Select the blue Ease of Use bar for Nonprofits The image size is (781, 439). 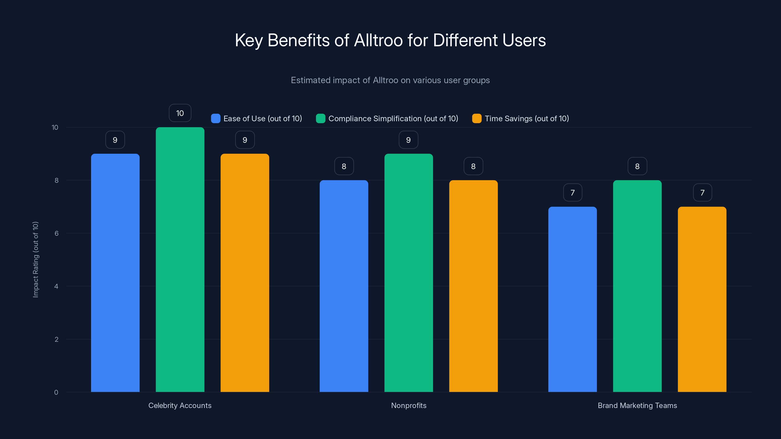pos(344,286)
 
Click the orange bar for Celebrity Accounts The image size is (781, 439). pos(245,273)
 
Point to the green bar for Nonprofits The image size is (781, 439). pos(408,273)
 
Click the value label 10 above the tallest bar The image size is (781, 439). pos(180,113)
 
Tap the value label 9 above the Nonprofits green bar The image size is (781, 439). pos(408,140)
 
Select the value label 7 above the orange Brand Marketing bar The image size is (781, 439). pos(702,193)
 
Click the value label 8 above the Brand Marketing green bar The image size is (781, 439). pos(637,166)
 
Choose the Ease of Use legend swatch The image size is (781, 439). pos(216,119)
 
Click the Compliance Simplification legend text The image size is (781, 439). pos(393,119)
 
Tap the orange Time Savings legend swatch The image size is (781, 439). pos(477,119)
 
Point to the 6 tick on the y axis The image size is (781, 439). pos(56,233)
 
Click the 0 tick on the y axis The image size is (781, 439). pos(56,392)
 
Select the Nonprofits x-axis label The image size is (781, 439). pos(408,405)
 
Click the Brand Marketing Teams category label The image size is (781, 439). pos(637,405)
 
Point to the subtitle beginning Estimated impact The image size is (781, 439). pos(390,80)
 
